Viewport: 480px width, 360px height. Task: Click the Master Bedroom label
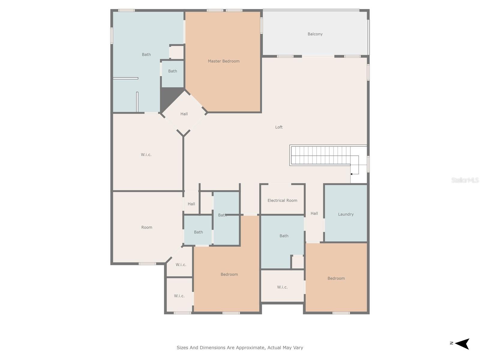(223, 61)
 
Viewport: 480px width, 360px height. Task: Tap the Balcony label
(315, 34)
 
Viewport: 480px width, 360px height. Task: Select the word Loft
(279, 127)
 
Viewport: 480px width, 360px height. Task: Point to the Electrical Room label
(282, 200)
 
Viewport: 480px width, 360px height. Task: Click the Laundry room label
(346, 214)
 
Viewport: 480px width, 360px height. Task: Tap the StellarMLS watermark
(465, 180)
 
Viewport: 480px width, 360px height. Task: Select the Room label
(147, 227)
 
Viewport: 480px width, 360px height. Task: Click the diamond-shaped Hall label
(184, 114)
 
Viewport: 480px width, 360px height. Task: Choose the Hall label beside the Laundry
(314, 213)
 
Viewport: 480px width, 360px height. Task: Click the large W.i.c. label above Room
(146, 155)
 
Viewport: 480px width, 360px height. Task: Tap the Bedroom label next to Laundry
(336, 278)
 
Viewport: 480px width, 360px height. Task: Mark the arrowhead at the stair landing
(351, 174)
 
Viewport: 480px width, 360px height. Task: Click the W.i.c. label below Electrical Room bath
(282, 287)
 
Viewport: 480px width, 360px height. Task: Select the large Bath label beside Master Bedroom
(146, 55)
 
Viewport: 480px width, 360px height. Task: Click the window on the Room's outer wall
(147, 264)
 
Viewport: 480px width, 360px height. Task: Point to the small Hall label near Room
(191, 204)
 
